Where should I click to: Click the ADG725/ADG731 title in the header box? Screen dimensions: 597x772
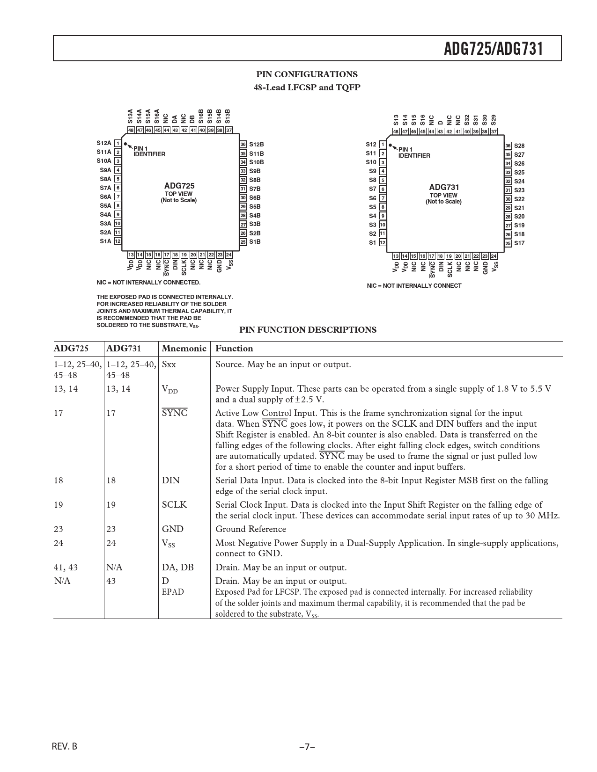pos(494,48)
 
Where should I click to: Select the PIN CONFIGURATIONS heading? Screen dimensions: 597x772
pos(307,74)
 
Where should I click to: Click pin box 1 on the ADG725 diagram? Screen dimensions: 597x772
pos(118,144)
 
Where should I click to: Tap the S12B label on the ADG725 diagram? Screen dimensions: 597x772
pos(257,145)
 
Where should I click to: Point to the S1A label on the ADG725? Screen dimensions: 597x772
pos(106,241)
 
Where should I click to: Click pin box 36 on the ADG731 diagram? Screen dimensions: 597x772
pos(508,146)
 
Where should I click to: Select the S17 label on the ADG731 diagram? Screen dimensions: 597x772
pos(519,243)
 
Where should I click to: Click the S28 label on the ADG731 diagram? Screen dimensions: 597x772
pos(519,146)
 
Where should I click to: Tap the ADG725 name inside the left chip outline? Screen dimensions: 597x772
pos(179,186)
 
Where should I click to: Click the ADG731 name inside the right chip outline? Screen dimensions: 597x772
pos(444,187)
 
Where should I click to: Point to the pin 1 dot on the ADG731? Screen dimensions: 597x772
pos(391,146)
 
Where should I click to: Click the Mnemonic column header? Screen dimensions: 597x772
pos(184,349)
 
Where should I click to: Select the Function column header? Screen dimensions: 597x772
pos(234,349)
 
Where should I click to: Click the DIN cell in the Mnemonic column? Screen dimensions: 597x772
pos(171,481)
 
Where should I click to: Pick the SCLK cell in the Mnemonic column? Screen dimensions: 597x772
pos(174,505)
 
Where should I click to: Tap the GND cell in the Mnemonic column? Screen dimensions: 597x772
pos(172,529)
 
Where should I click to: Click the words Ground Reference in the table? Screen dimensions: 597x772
pos(251,529)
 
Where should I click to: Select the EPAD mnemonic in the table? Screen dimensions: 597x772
pos(173,592)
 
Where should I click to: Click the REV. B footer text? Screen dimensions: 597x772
pos(64,746)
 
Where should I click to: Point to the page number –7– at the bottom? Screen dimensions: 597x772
pos(307,747)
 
